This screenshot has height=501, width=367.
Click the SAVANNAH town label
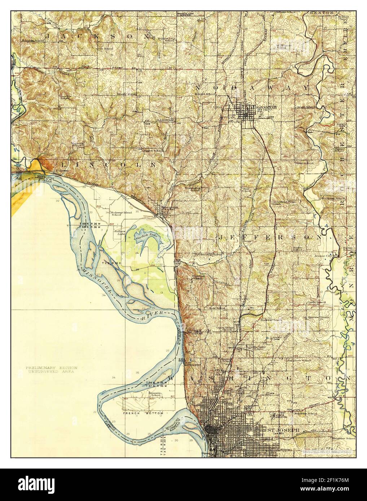tap(263, 107)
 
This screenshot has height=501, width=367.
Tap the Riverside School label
tap(156, 394)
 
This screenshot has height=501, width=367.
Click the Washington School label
tap(193, 190)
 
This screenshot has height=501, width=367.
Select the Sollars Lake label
tap(119, 232)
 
